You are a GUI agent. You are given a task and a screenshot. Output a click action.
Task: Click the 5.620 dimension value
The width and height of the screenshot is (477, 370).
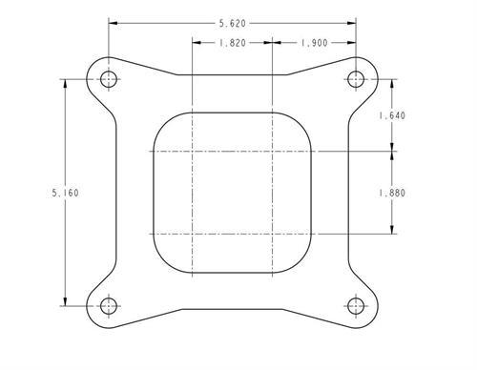pyautogui.click(x=233, y=23)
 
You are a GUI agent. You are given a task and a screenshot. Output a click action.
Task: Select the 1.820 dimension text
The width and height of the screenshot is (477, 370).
pyautogui.click(x=233, y=43)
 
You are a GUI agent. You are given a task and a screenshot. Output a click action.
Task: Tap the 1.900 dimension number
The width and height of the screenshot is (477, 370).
pyautogui.click(x=314, y=43)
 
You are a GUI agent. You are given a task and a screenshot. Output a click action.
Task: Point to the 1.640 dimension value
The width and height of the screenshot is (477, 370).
pyautogui.click(x=392, y=115)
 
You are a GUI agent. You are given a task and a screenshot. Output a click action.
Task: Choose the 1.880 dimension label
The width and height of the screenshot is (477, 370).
pyautogui.click(x=392, y=193)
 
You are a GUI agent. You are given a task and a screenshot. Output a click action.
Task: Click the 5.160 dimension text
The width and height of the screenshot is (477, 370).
pyautogui.click(x=65, y=193)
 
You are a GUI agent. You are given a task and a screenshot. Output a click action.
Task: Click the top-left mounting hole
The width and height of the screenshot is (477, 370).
pyautogui.click(x=109, y=79)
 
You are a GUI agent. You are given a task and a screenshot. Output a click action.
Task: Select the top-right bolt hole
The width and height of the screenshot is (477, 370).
pyautogui.click(x=356, y=79)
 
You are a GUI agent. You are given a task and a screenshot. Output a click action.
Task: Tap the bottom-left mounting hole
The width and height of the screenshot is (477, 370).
pyautogui.click(x=109, y=306)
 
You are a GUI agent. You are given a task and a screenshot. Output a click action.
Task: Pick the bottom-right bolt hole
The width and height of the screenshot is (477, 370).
pyautogui.click(x=356, y=306)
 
